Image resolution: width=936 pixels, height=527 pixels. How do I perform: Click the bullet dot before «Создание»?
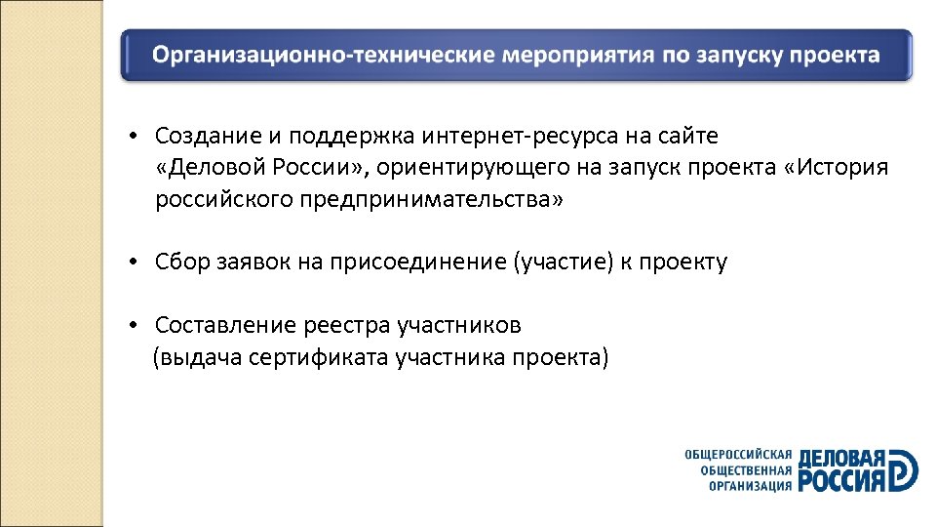pyautogui.click(x=139, y=136)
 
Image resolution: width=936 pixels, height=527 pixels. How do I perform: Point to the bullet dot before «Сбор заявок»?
pyautogui.click(x=139, y=263)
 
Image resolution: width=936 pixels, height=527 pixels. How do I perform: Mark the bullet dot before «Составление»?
pyautogui.click(x=139, y=325)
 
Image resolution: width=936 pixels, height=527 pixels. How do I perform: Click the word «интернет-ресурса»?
pyautogui.click(x=471, y=136)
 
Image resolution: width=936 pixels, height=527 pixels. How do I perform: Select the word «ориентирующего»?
pyautogui.click(x=466, y=167)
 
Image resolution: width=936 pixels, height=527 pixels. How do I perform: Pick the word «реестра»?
pyautogui.click(x=347, y=325)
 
